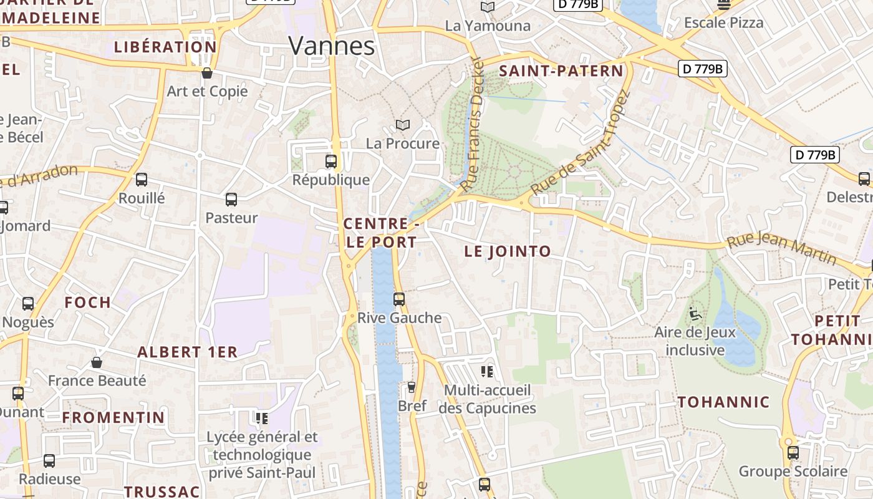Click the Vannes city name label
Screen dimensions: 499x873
pos(332,46)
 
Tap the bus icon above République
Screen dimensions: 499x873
pos(331,162)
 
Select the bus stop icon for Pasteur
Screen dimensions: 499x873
pos(231,200)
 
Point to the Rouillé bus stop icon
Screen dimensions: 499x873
pos(142,180)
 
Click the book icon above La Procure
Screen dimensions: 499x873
pos(403,125)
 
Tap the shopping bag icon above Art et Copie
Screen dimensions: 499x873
pos(207,73)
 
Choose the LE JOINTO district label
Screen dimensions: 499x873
pos(508,251)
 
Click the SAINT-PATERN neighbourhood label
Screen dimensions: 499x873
pos(561,71)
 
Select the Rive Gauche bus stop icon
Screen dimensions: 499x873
pos(399,299)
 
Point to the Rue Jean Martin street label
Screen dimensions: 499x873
pos(781,247)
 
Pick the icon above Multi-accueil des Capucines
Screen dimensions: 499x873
pos(487,372)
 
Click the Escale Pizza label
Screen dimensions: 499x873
pos(723,23)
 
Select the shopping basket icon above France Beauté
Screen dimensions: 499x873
pos(97,362)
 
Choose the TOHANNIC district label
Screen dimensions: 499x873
pos(723,402)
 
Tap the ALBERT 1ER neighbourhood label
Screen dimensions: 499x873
pos(187,352)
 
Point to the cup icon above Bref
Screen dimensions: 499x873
pos(411,387)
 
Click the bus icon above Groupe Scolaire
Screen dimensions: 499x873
pos(793,453)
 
